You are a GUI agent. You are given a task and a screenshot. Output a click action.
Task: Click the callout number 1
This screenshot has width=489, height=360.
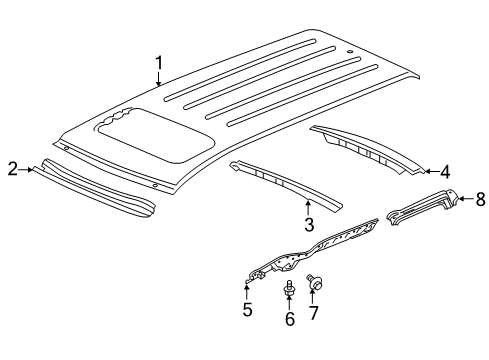[158, 65]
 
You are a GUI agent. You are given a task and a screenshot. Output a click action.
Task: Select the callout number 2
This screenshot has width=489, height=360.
[11, 169]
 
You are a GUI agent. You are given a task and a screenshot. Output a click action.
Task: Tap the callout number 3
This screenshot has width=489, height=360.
[309, 226]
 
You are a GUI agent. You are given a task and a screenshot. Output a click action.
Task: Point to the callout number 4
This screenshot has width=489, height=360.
[444, 172]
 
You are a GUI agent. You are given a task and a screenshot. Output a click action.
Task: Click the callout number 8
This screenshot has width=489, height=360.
[479, 200]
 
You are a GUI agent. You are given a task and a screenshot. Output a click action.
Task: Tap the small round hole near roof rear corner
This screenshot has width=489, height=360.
[349, 49]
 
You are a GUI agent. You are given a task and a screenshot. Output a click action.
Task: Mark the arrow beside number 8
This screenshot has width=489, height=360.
[463, 200]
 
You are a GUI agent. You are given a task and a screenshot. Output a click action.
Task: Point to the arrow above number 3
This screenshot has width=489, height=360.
[309, 207]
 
